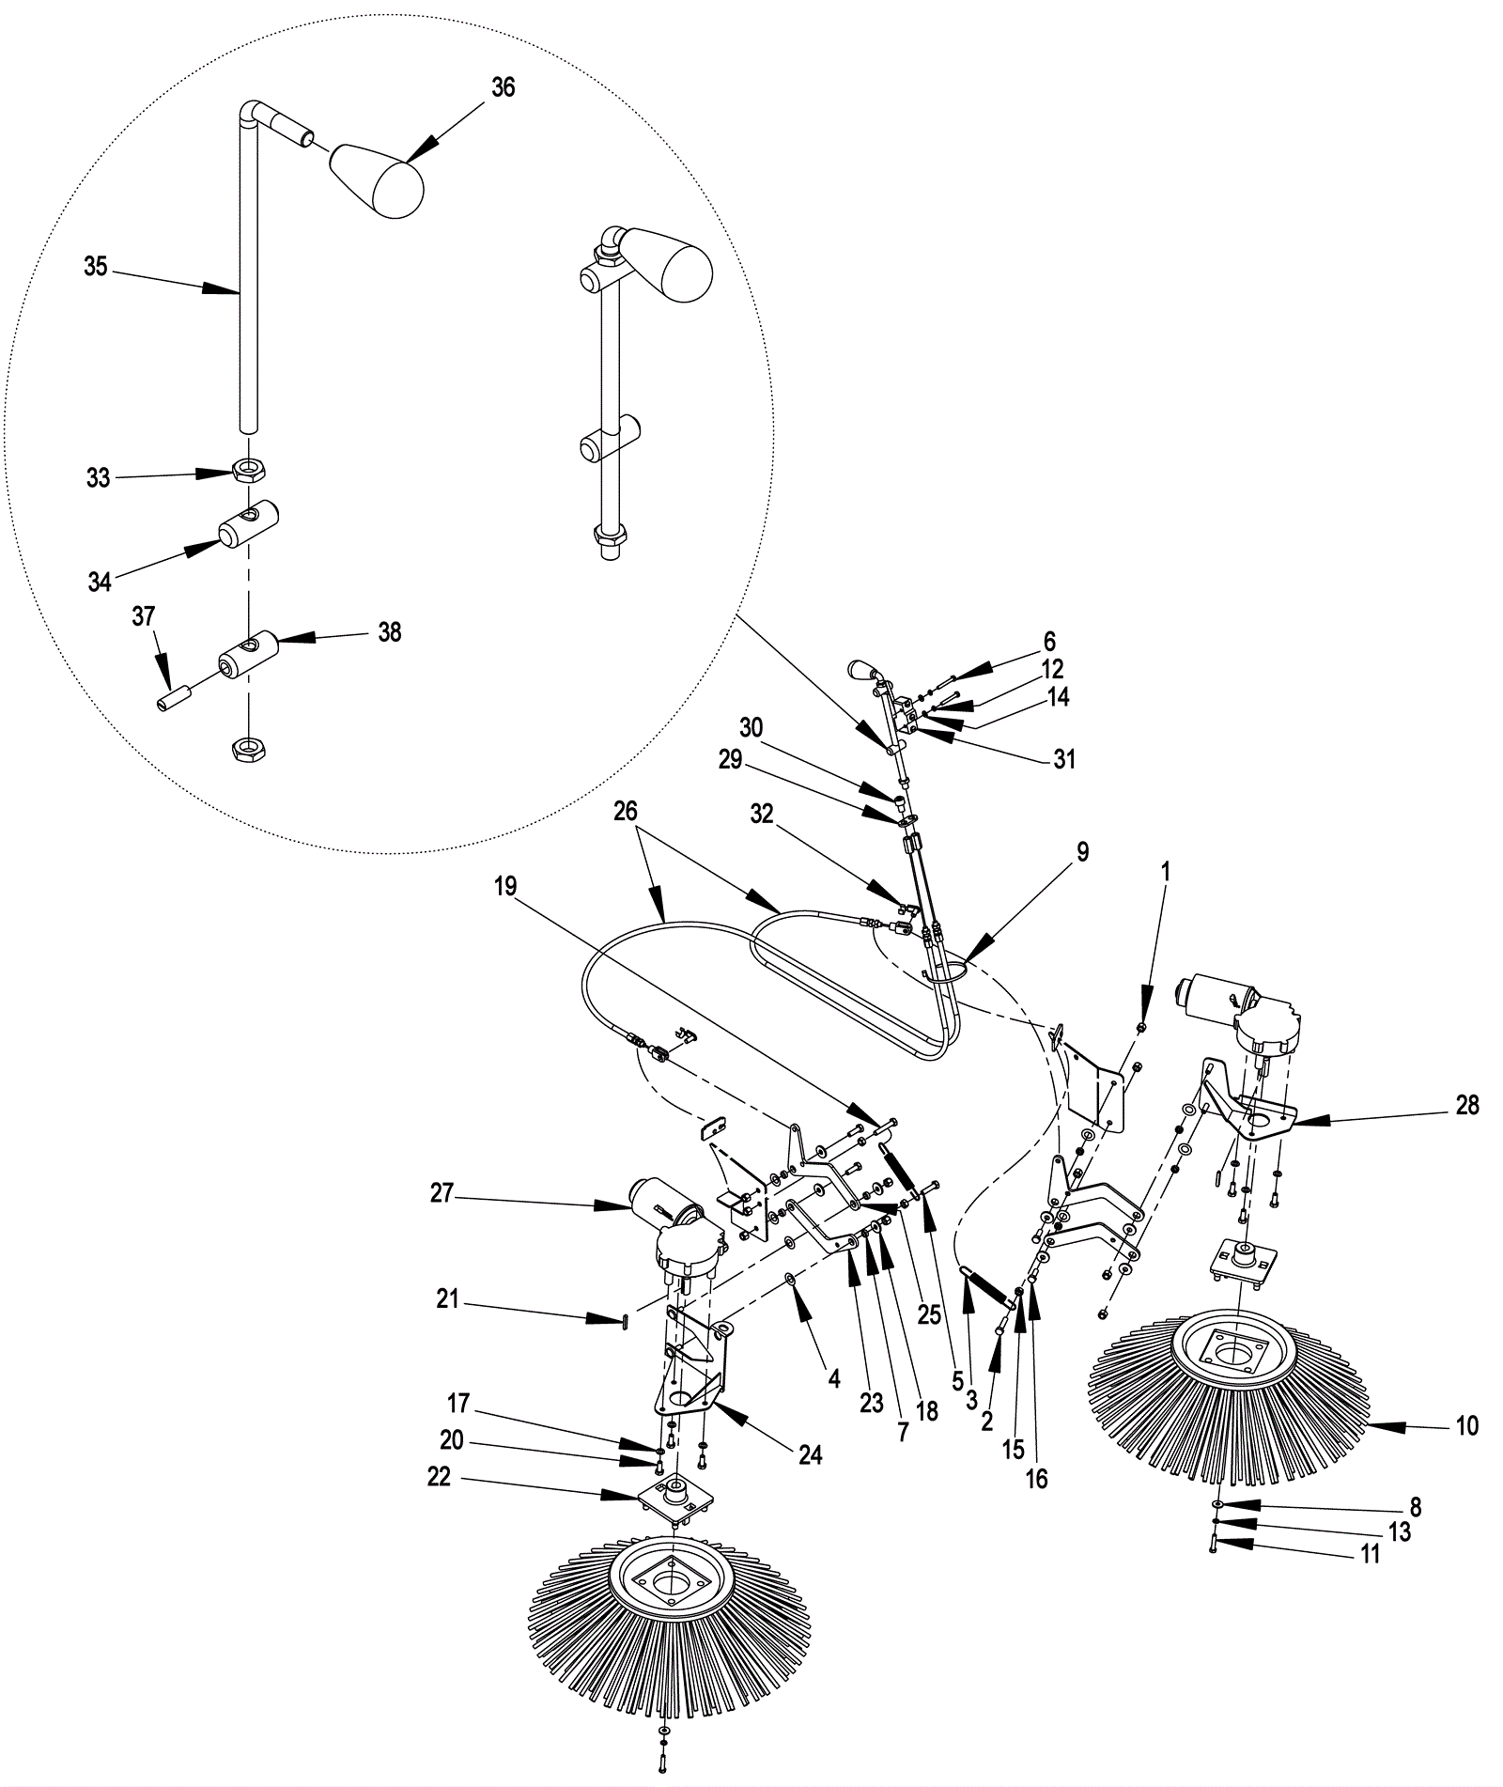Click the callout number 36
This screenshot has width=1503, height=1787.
[x=504, y=87]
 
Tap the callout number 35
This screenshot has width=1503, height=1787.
[x=96, y=267]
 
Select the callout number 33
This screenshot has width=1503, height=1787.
[x=99, y=478]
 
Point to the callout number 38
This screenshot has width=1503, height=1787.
[x=390, y=632]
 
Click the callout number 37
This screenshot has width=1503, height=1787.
[x=144, y=616]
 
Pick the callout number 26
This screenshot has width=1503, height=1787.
[x=626, y=811]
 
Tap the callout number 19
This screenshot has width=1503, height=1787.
[x=505, y=886]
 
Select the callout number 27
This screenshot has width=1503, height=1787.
[x=442, y=1194]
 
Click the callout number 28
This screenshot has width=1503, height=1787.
[x=1466, y=1105]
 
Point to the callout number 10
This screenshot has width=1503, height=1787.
[x=1466, y=1426]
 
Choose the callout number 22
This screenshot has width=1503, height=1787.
[x=439, y=1478]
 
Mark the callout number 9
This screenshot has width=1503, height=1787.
[x=1083, y=852]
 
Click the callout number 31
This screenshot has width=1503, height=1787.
[x=1063, y=758]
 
